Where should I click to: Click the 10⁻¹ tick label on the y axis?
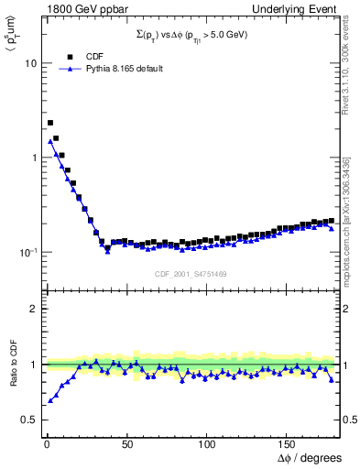[27, 251]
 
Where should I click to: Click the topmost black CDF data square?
[50, 122]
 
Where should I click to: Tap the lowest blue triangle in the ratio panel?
[50, 400]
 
